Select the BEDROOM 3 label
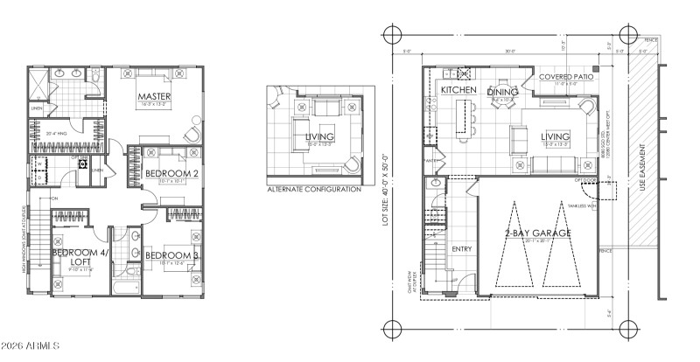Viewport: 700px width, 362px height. pyautogui.click(x=165, y=254)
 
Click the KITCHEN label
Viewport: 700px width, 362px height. pyautogui.click(x=458, y=91)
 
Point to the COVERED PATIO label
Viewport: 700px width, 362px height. pyautogui.click(x=568, y=77)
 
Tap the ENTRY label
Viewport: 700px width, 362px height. pyautogui.click(x=462, y=249)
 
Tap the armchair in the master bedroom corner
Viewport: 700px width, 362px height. pyautogui.click(x=192, y=135)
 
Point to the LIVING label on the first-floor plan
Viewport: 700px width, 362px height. pyautogui.click(x=555, y=137)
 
